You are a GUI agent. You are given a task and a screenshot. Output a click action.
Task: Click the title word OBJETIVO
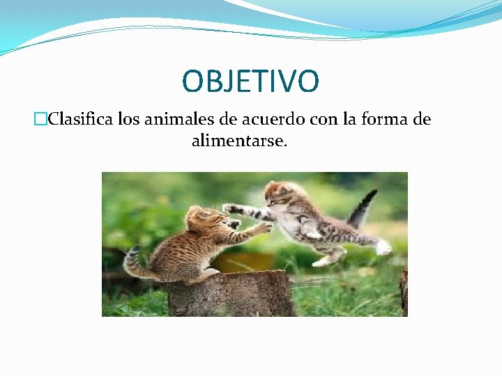click(250, 81)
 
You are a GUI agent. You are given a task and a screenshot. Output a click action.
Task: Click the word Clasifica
click(82, 119)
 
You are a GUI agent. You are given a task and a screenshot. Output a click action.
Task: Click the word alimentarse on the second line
click(238, 141)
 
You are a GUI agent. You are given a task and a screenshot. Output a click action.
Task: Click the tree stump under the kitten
click(230, 292)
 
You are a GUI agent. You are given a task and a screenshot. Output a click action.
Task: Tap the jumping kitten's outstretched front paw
click(229, 207)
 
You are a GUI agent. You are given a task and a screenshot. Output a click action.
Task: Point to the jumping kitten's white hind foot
click(382, 247)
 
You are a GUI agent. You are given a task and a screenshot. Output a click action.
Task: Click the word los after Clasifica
click(128, 119)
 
